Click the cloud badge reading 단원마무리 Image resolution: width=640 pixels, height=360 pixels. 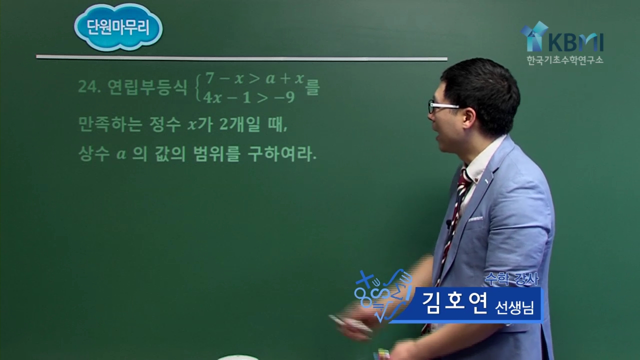pyautogui.click(x=118, y=28)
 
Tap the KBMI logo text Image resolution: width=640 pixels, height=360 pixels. pyautogui.click(x=575, y=42)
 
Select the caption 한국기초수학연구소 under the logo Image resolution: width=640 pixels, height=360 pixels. pyautogui.click(x=565, y=60)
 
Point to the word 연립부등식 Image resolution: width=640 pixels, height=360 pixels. pyautogui.click(x=147, y=87)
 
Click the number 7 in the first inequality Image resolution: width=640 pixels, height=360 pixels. pyautogui.click(x=210, y=77)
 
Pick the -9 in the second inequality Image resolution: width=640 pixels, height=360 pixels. pyautogui.click(x=284, y=97)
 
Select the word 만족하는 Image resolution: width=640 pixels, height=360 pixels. pyautogui.click(x=110, y=124)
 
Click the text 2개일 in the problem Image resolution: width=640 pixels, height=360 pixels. pyautogui.click(x=240, y=124)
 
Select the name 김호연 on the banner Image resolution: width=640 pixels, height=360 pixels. pyautogui.click(x=454, y=303)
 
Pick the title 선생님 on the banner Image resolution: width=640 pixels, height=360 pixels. pyautogui.click(x=514, y=307)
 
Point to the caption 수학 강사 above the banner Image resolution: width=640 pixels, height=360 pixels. pyautogui.click(x=511, y=279)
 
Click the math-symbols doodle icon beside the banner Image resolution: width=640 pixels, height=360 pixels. pyautogui.click(x=383, y=295)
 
